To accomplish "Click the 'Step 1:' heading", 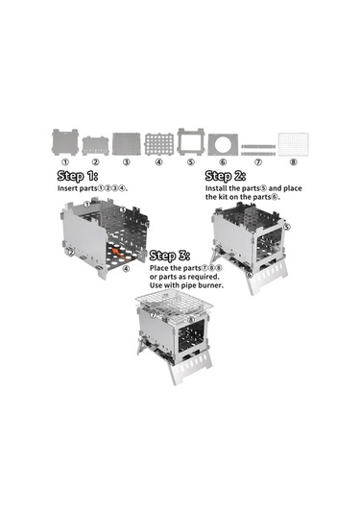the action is pos(78,176).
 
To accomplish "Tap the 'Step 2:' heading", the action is pos(226,176).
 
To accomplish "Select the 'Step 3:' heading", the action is pos(170,256).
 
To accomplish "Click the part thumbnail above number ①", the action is pos(65,142).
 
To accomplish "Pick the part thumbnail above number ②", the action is pos(95,146).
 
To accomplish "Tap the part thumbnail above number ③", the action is pos(127,144).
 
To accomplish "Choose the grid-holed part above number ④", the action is pos(158,144).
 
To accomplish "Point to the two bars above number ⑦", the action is pos(258,150).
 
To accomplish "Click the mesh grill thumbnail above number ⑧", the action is pos(294,144).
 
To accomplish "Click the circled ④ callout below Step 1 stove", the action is pos(126,269).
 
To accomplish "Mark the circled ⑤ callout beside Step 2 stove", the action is pos(287,227).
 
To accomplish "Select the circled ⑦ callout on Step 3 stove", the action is pos(153,315).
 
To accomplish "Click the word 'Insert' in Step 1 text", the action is pos(67,188).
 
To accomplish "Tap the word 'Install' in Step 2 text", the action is pos(216,188).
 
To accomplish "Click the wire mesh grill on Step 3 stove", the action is pos(174,306).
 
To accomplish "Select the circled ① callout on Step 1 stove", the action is pos(86,205).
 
